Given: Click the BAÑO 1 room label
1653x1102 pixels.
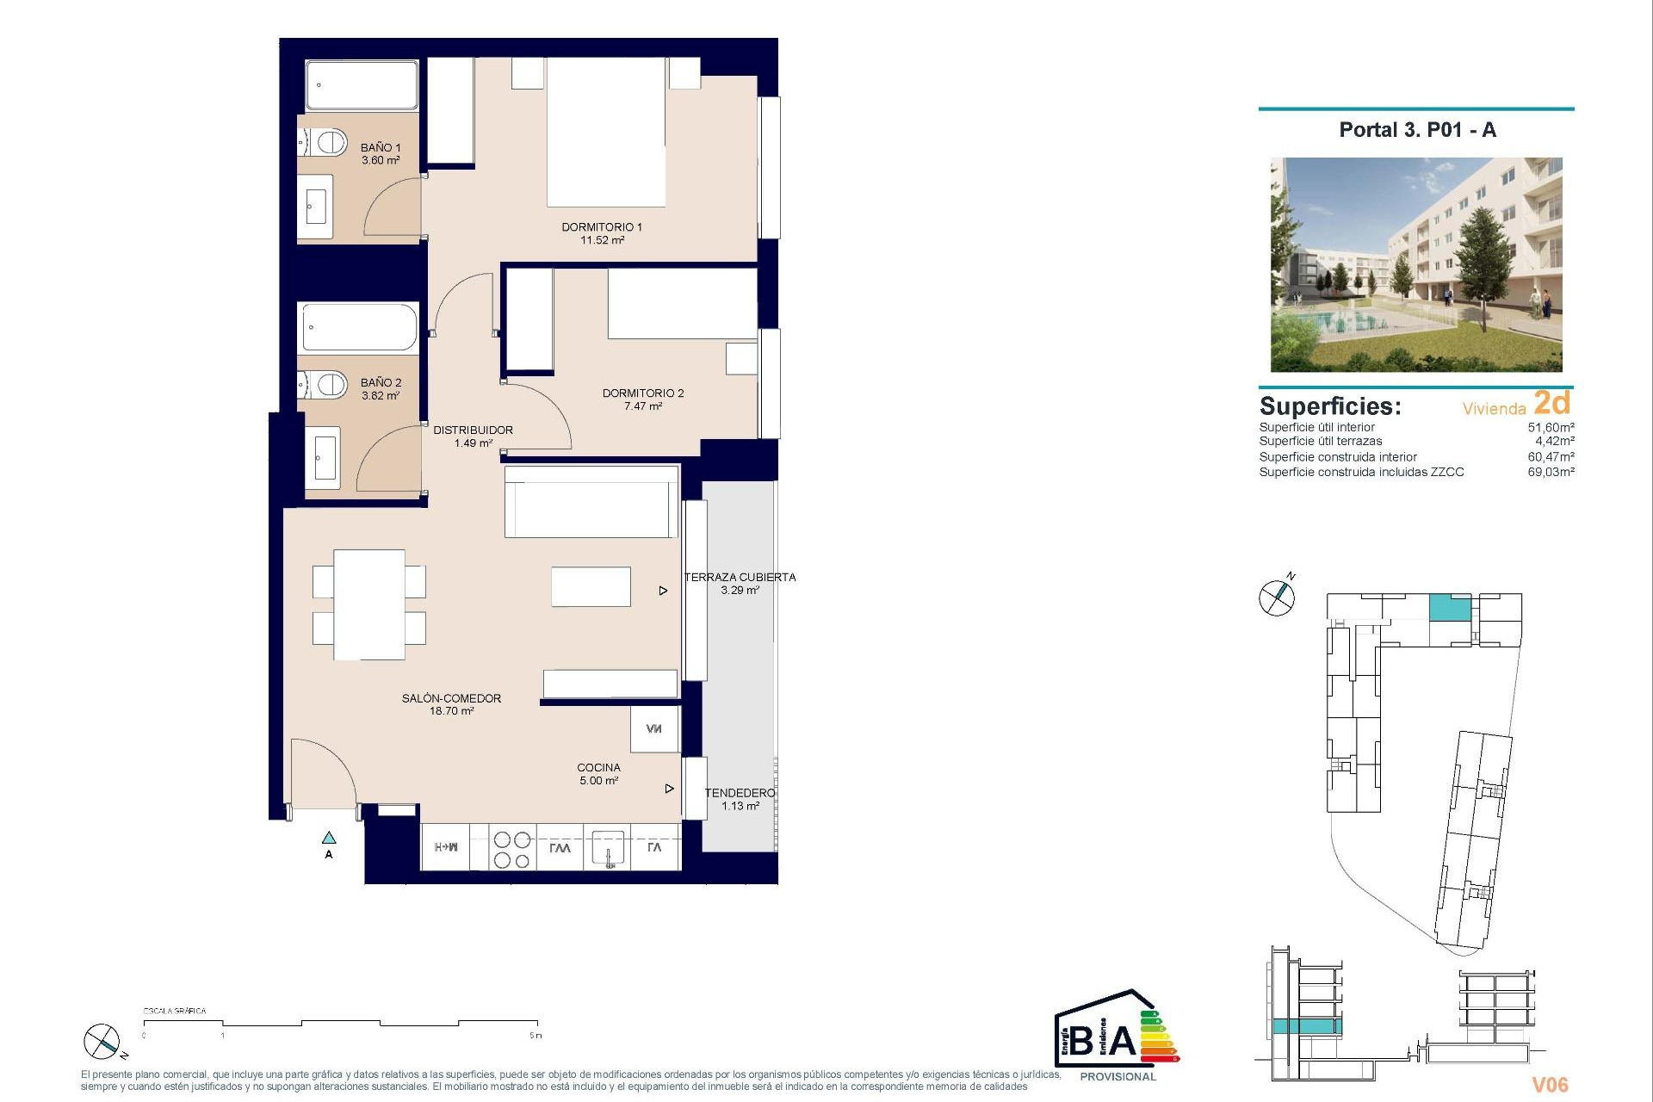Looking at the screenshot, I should [x=380, y=148].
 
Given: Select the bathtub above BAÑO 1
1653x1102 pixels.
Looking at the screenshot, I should [x=362, y=85].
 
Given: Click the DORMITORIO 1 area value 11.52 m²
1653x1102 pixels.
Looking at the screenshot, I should [x=602, y=240].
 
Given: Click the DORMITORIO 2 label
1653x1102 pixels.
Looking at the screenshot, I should [x=642, y=393].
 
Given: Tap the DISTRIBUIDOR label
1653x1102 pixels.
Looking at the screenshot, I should [x=473, y=430].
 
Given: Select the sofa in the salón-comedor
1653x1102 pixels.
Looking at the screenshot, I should [x=591, y=503].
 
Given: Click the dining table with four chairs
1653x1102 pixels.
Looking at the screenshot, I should [x=369, y=604].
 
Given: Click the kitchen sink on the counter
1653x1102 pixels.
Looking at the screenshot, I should [x=608, y=848].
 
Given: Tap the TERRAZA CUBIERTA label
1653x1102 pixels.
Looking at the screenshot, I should [x=740, y=578].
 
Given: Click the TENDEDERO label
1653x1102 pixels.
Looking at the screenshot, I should [x=740, y=793].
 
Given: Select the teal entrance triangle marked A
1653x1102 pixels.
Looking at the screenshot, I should [x=329, y=838].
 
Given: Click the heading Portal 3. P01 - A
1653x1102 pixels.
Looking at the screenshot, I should [x=1417, y=130].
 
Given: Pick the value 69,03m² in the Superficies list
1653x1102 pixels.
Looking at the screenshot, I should [x=1551, y=472].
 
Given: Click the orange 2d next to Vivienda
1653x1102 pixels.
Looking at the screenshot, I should [x=1552, y=403].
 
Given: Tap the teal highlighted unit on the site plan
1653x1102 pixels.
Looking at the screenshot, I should [x=1450, y=608].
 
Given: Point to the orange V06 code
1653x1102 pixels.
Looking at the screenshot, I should [x=1550, y=1085].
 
